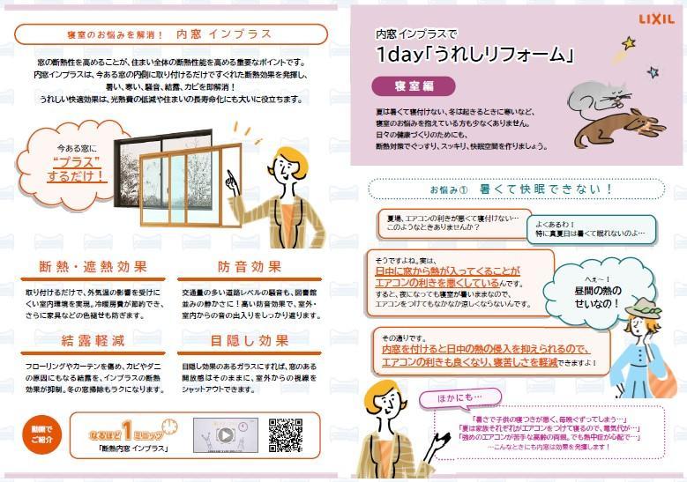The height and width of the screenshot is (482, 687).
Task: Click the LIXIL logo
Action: [654, 17]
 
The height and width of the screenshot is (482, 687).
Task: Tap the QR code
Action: [285, 434]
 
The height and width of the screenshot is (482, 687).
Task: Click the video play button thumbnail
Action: [225, 434]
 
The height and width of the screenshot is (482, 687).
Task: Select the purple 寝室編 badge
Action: [413, 85]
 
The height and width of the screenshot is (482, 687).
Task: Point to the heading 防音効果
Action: [250, 266]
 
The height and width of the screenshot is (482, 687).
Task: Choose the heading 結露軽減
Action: [93, 340]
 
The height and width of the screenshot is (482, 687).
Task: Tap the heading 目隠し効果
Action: [250, 340]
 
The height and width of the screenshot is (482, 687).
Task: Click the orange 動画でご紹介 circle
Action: [41, 433]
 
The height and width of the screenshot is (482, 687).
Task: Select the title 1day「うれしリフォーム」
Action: [474, 56]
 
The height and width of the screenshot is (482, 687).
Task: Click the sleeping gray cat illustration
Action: [593, 96]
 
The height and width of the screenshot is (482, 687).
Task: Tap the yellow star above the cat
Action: [629, 42]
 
